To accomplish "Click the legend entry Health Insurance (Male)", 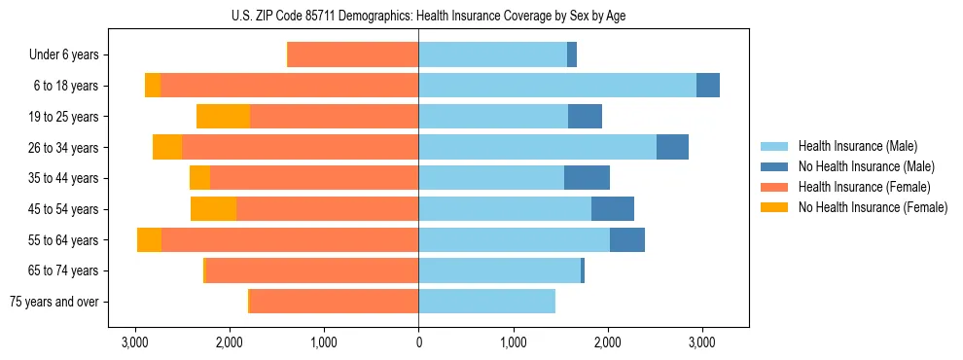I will tap(858, 146).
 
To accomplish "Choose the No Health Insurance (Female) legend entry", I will tap(873, 207).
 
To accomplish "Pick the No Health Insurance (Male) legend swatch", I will tap(775, 166).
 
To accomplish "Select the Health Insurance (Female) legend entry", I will tap(864, 187).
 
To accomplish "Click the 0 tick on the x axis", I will tap(418, 342).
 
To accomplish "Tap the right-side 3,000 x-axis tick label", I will tap(702, 342).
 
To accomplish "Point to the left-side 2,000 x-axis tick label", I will tap(230, 342).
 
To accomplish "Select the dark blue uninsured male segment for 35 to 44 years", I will tap(587, 178).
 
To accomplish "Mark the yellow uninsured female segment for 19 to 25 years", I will tap(223, 117).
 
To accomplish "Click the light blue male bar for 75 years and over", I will tap(486, 302).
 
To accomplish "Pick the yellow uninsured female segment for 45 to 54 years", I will tap(213, 209).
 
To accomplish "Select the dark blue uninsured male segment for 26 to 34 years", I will tap(672, 148).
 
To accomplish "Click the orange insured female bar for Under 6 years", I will tap(353, 55).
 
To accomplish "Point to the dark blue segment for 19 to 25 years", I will tap(585, 117).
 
